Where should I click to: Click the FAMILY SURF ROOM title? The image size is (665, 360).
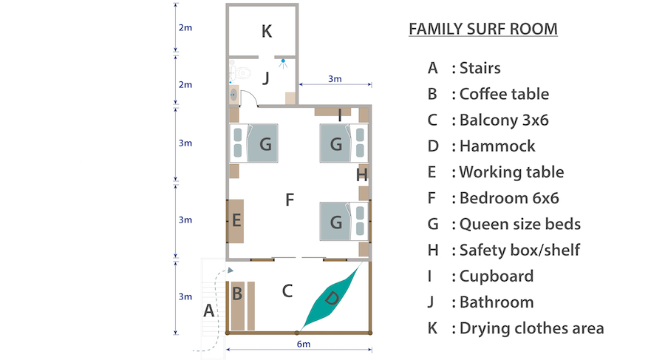click(x=482, y=30)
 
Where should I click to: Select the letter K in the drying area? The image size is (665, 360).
click(x=267, y=31)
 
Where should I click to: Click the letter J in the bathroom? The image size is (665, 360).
click(x=266, y=76)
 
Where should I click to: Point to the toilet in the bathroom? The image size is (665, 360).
click(x=238, y=72)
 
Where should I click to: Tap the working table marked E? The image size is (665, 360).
click(x=236, y=220)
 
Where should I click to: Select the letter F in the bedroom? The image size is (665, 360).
click(x=290, y=200)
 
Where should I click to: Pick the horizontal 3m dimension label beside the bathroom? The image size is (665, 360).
click(x=335, y=79)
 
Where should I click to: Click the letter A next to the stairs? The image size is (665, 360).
click(x=208, y=311)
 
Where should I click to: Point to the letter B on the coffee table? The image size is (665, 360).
click(x=237, y=293)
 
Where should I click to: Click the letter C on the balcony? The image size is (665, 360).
click(x=287, y=291)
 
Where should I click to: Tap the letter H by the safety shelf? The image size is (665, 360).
click(x=361, y=175)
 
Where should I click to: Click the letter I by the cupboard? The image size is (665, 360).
click(x=339, y=115)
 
